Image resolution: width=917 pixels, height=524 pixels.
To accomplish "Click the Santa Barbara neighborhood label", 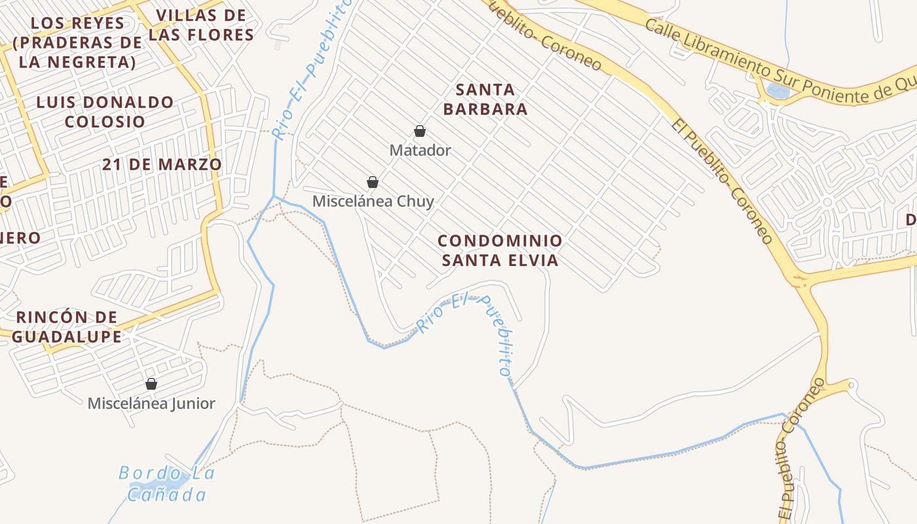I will (485, 99).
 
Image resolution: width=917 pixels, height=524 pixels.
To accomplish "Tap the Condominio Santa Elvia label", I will (500, 250).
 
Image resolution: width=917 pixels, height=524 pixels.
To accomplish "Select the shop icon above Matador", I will (420, 132).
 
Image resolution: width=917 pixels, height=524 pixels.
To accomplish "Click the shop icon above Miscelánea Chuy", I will (373, 182).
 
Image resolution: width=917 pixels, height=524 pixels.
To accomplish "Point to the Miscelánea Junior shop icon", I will (151, 384).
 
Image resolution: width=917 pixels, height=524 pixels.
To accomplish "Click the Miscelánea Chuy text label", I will (373, 201).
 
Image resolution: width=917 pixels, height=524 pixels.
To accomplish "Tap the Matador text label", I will (420, 150).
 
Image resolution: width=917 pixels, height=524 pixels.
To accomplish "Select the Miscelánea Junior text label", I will (151, 403).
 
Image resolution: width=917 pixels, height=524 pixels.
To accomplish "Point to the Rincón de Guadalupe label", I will (67, 327).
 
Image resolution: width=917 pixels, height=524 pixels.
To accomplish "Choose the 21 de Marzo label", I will (162, 164).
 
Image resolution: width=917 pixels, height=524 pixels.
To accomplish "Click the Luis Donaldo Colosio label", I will (105, 111).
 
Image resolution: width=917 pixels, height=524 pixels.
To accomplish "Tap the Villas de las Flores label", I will (201, 25).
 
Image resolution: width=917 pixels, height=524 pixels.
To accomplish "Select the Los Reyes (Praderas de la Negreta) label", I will (77, 43).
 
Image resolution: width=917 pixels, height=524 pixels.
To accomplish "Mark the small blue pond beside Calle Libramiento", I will (777, 91).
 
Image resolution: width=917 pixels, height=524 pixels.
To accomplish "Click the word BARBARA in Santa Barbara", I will (485, 109).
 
